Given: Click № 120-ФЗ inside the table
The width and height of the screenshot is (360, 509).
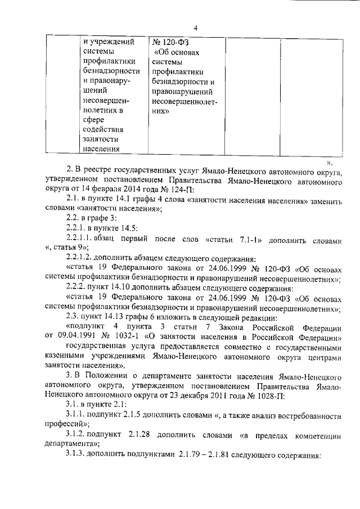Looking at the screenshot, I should coord(172,42).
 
